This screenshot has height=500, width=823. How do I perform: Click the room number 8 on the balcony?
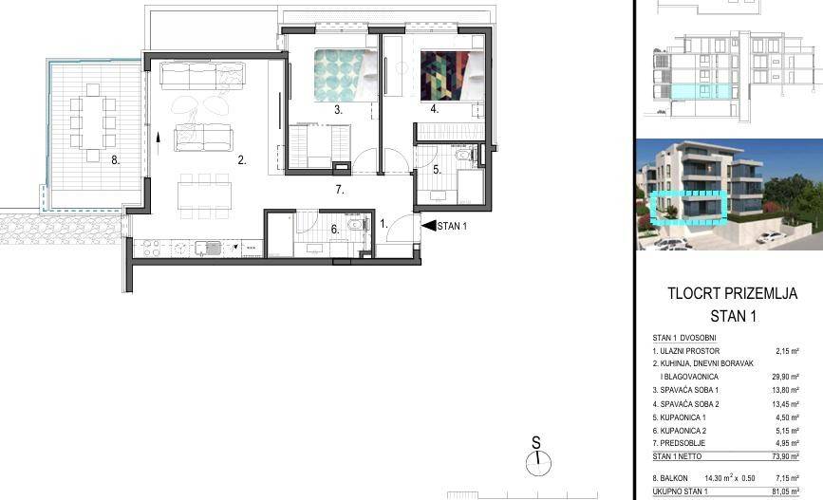point(116,160)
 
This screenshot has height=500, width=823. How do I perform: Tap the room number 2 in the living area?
point(241,160)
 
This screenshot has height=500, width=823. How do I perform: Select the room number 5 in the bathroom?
point(437,170)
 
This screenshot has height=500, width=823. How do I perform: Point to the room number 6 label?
point(335,230)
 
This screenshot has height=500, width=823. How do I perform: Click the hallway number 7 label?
point(340,190)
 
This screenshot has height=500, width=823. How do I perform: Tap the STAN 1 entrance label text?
point(452,226)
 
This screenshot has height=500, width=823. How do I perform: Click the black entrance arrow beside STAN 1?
point(429,226)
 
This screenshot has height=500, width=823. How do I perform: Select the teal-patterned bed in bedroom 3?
point(346,75)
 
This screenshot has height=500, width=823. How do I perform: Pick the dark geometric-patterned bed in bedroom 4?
point(452,75)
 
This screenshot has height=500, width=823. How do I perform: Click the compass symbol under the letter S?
point(538,464)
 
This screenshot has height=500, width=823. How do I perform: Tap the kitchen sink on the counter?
point(208,248)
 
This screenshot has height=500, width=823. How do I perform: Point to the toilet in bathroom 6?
point(356,224)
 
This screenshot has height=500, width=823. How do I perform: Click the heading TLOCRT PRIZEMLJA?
point(732,293)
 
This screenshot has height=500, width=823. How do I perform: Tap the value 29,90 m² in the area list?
point(785,377)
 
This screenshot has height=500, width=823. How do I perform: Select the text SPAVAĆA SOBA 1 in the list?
point(685,390)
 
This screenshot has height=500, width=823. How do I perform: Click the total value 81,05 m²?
point(785,491)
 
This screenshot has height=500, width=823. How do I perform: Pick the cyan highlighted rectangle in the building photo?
point(688,207)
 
